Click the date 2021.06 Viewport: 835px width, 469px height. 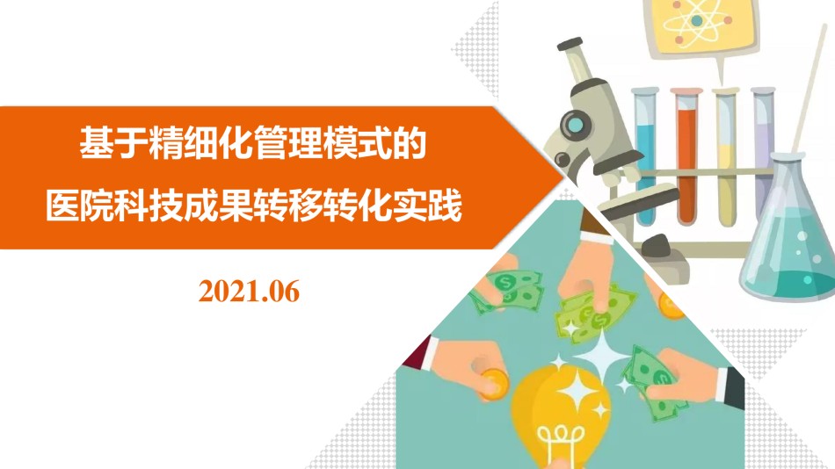[x=250, y=292]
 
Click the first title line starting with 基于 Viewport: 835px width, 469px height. [x=253, y=142]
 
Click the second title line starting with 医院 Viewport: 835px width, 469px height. [x=253, y=206]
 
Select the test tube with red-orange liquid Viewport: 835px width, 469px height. [x=686, y=157]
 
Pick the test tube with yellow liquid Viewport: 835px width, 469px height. [x=726, y=157]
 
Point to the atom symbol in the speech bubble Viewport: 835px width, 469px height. [x=696, y=21]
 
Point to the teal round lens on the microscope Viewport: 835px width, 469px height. [x=575, y=126]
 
